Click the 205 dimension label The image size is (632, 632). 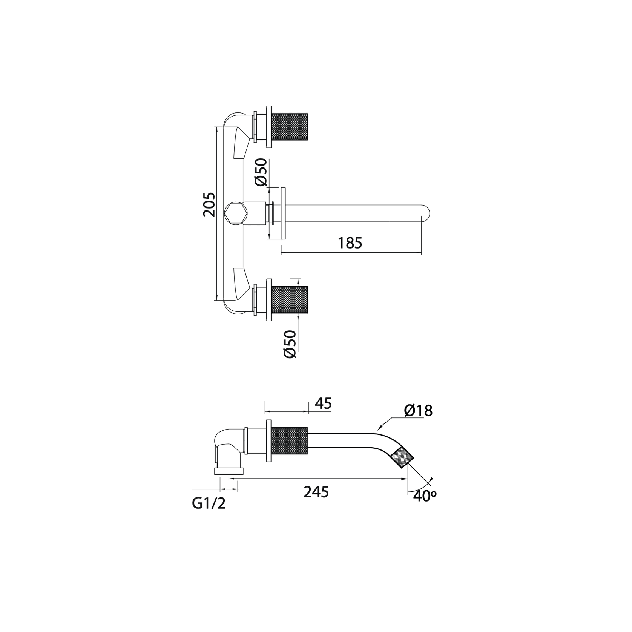point(210,205)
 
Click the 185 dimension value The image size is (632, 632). point(350,243)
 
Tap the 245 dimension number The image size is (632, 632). point(316,492)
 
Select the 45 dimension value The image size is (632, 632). point(323,404)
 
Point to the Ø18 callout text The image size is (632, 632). point(418,411)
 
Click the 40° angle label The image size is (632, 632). point(425,496)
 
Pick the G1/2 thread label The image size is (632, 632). point(209,504)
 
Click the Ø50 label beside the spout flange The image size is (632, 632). point(261,172)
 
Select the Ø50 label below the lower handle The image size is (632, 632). point(290,344)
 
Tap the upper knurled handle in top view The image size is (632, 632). point(289,127)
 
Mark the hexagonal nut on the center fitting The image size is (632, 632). point(235,214)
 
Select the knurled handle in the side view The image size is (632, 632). point(289,441)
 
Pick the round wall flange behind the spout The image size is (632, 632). point(283,213)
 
